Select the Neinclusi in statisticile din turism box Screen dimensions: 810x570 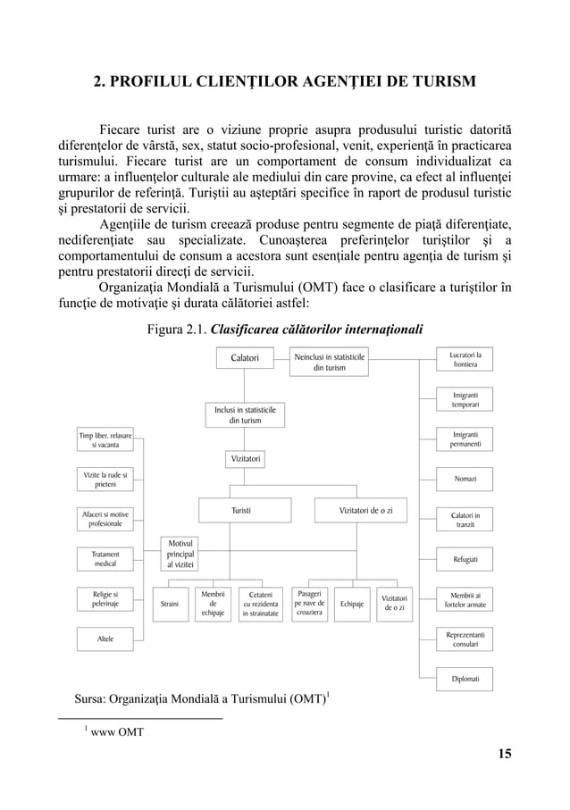330,363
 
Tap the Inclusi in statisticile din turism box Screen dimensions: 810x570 245,414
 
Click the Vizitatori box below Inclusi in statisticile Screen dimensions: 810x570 245,459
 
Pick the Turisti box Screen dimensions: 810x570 241,511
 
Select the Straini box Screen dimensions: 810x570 169,604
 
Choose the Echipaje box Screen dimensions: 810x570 351,604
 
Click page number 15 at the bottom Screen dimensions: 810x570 505,754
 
